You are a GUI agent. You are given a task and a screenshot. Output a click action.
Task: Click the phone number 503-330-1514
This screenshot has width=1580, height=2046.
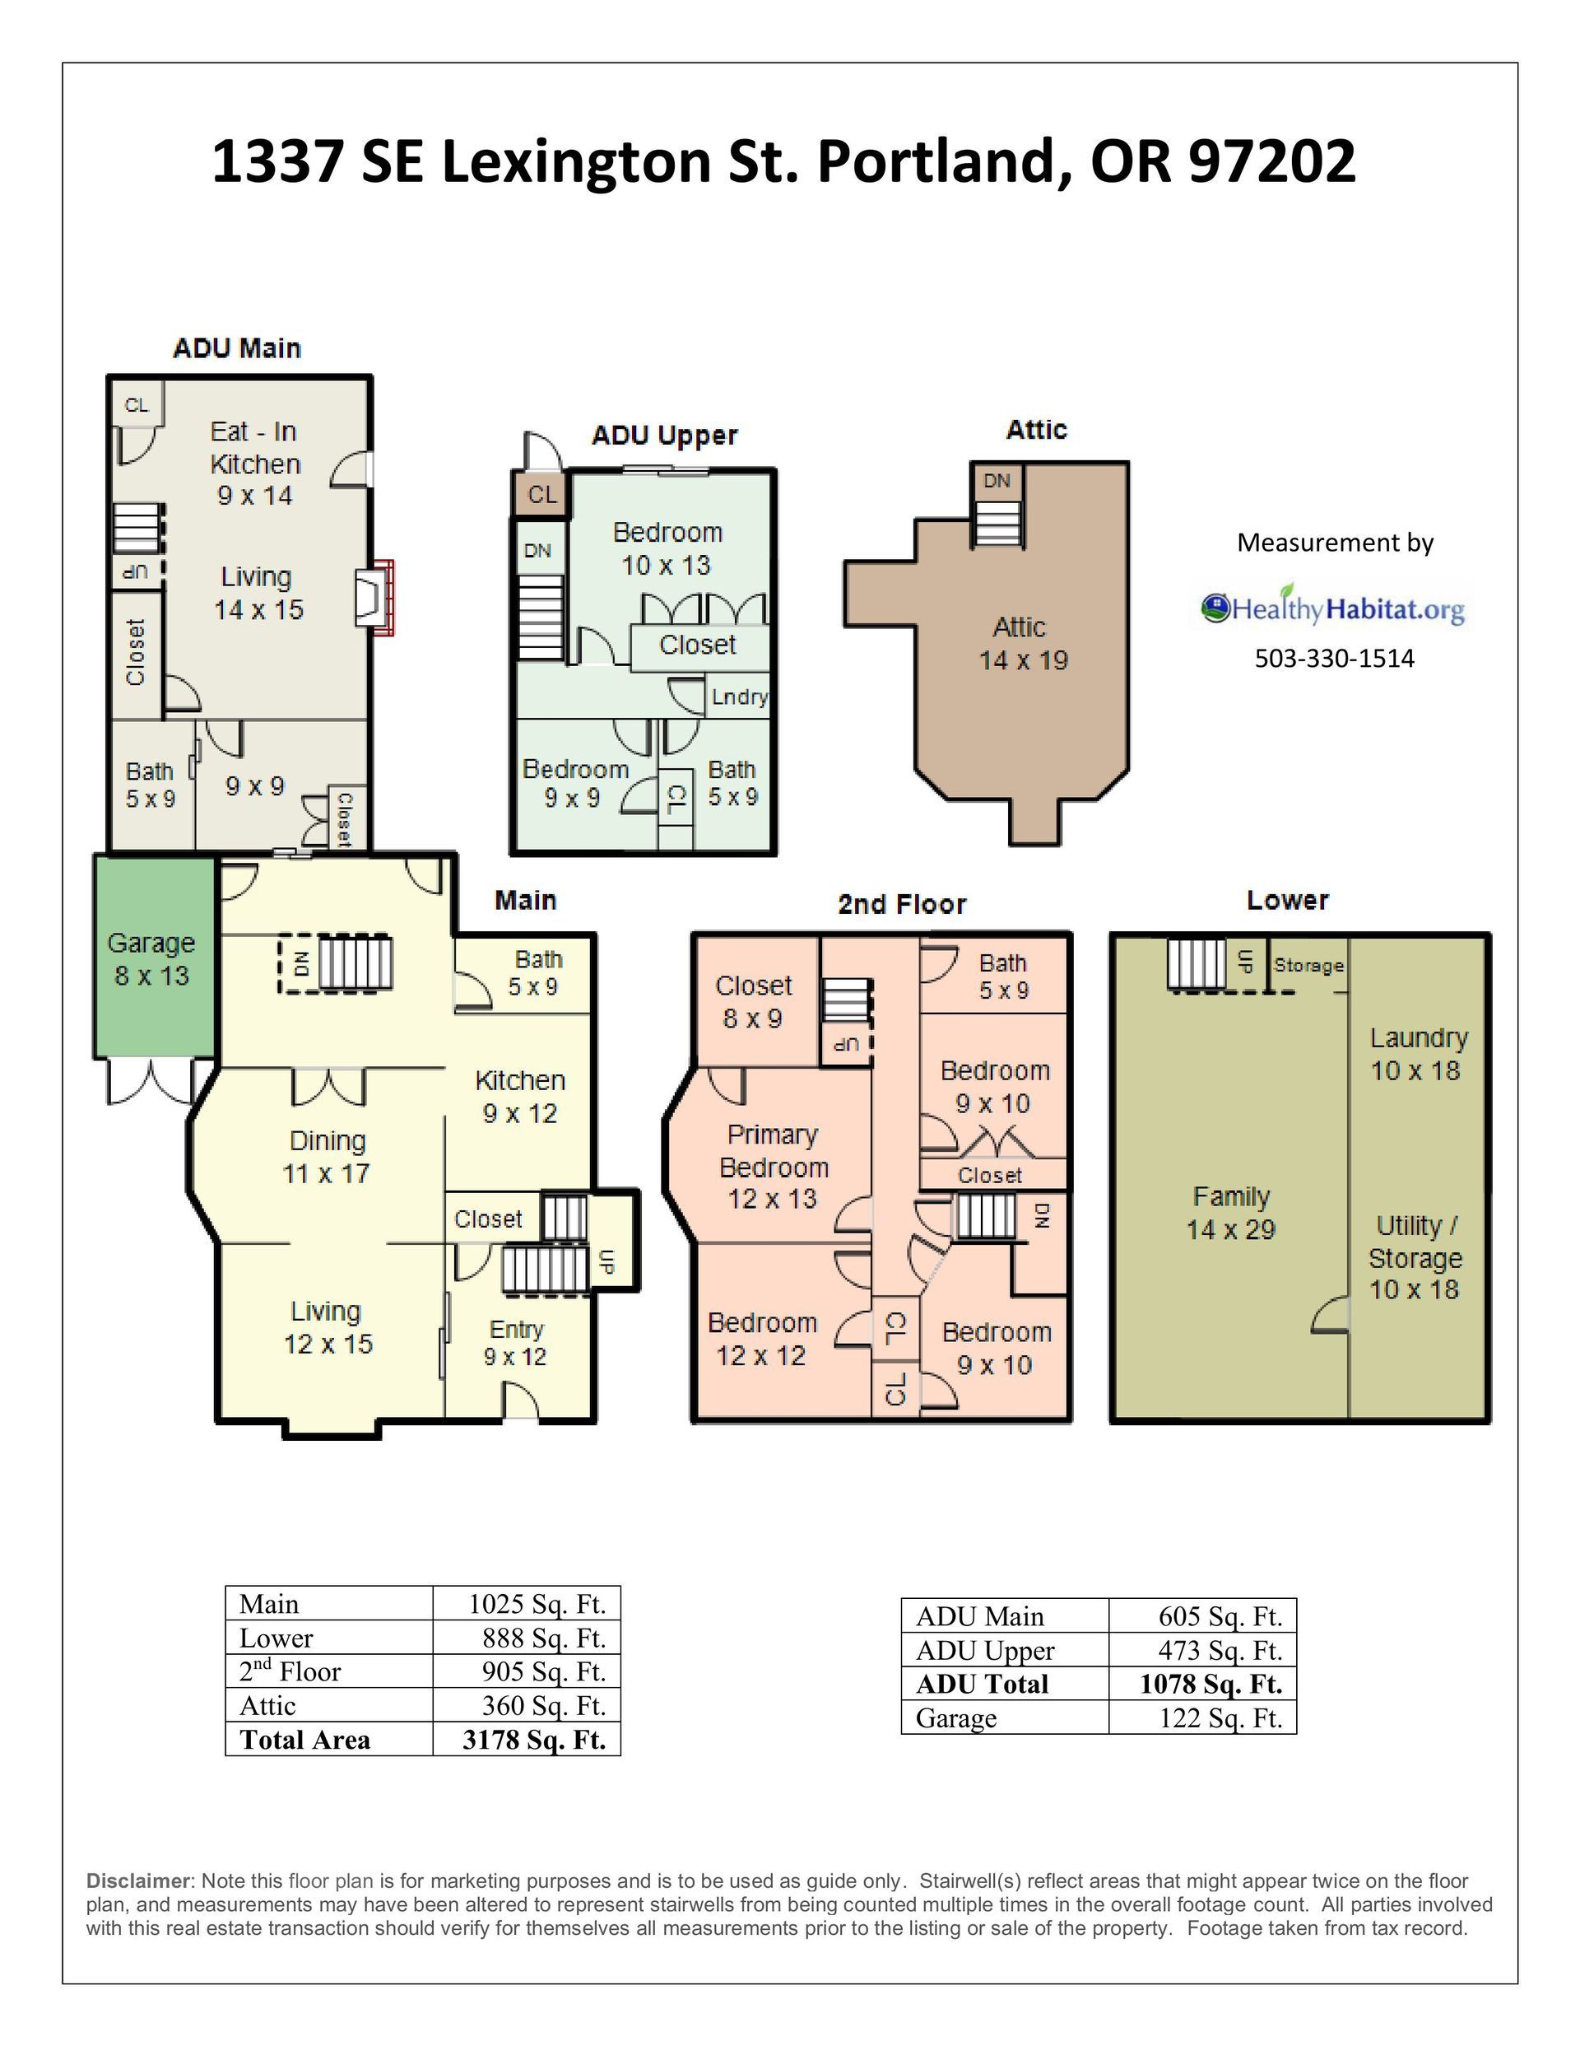1334,658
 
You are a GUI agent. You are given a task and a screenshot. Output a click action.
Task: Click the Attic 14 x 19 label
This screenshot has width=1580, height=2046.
1023,644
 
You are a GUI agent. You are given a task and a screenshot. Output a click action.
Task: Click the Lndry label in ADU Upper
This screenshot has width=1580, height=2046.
739,697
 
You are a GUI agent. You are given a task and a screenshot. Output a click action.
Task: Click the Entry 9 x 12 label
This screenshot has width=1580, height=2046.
515,1342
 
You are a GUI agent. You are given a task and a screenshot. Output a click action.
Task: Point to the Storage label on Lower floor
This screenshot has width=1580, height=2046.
1308,965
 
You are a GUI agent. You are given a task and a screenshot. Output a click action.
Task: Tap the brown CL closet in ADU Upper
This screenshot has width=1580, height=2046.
541,494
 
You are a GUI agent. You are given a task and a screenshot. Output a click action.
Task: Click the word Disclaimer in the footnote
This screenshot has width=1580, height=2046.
138,1881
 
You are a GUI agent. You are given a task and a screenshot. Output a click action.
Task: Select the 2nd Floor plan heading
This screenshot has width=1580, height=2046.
902,904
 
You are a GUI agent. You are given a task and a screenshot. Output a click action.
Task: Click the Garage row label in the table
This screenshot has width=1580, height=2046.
956,1718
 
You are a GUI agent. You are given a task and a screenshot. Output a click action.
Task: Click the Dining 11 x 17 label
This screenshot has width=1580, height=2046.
327,1157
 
